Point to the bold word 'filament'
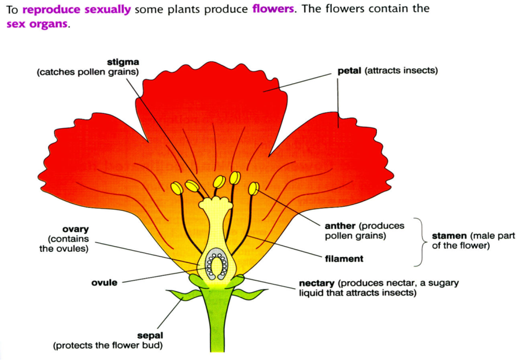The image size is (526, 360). tap(345, 259)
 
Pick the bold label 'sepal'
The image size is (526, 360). tap(150, 335)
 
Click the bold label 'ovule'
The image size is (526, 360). tap(104, 283)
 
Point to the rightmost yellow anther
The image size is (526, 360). tap(253, 188)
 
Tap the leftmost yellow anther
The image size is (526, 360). tap(176, 188)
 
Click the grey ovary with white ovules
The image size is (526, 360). tap(218, 264)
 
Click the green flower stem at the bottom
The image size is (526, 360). tap(216, 329)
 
